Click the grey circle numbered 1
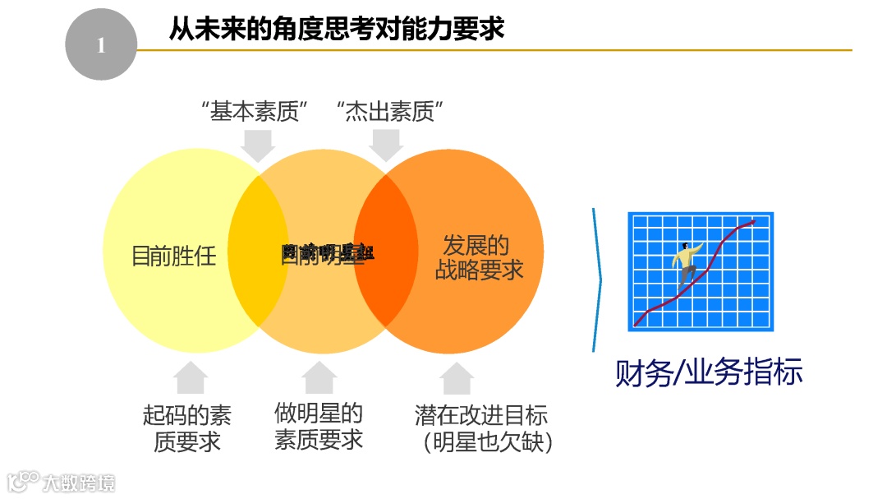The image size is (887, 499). (x=100, y=45)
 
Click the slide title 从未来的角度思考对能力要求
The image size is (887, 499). (x=336, y=30)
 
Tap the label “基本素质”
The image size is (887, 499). (x=259, y=112)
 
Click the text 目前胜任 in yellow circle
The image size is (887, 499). (x=174, y=256)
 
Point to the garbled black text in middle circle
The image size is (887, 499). (x=327, y=252)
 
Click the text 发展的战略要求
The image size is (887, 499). (x=478, y=257)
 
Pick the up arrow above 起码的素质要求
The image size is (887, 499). (x=191, y=377)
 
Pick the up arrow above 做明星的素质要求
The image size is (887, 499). (x=319, y=377)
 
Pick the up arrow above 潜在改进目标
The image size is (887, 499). (x=457, y=377)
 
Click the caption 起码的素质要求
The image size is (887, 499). (x=187, y=427)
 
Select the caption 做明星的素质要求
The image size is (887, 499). (x=319, y=426)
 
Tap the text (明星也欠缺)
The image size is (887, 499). (x=488, y=442)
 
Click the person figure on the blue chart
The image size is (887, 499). (x=687, y=263)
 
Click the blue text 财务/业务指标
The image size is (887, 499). (x=709, y=372)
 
